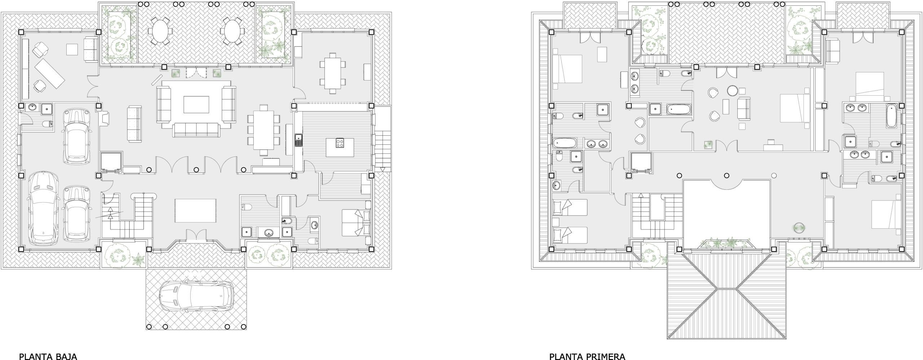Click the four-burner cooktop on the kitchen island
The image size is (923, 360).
[340, 143]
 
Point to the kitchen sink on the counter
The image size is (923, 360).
[299, 140]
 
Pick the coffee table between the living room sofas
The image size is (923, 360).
[196, 105]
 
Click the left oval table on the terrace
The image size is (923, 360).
[158, 31]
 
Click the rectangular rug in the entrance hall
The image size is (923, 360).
[196, 211]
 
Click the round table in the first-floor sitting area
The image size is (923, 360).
[732, 91]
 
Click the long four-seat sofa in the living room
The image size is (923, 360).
[196, 130]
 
